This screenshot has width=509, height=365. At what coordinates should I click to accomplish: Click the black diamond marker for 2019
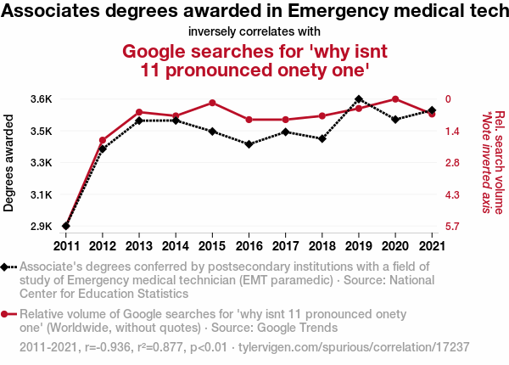coord(359,99)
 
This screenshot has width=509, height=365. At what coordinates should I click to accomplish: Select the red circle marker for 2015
coord(212,103)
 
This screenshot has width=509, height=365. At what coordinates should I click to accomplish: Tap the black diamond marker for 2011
coord(66,226)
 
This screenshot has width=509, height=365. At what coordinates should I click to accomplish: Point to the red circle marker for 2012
coord(103,140)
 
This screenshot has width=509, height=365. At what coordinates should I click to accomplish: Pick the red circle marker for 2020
coord(395,99)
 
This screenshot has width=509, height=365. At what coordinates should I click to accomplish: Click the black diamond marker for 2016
coord(249,144)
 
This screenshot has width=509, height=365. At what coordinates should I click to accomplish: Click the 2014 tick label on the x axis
coord(176,246)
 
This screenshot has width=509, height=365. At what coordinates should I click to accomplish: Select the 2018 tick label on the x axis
coord(322,246)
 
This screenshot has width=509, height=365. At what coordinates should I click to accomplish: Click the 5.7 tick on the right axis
coord(452,227)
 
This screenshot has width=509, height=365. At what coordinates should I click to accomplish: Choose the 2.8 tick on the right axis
coord(452,163)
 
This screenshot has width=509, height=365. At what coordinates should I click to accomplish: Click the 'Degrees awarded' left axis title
coord(9,163)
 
